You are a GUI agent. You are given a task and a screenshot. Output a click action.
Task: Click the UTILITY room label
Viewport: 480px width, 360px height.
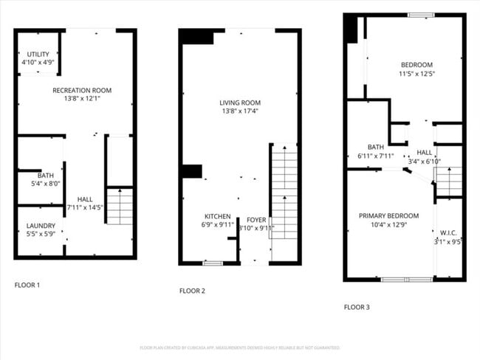(38, 55)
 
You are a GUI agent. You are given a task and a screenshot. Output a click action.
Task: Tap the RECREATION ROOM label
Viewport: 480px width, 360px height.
(82, 91)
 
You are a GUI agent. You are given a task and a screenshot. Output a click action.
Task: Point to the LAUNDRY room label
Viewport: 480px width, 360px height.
(41, 226)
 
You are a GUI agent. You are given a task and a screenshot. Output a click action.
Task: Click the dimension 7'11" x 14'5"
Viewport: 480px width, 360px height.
(85, 207)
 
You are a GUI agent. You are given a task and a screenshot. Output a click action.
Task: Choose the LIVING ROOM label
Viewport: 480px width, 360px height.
(240, 103)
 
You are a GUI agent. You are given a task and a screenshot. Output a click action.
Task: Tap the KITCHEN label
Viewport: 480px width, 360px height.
(217, 217)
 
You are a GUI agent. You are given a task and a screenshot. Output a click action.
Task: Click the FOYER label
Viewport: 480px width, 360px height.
(256, 220)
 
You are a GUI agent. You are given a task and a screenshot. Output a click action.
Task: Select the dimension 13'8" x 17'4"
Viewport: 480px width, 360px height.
(240, 111)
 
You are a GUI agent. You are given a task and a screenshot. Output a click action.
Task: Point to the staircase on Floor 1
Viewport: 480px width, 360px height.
(120, 206)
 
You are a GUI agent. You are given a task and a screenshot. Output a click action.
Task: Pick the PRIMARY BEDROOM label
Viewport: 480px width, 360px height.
(388, 215)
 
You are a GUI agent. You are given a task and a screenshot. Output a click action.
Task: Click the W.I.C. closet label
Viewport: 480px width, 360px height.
(448, 232)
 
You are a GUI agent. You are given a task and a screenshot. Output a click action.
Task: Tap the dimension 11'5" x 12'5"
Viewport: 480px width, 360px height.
(416, 74)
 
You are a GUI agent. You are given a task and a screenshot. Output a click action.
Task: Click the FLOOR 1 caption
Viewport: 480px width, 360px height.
(27, 285)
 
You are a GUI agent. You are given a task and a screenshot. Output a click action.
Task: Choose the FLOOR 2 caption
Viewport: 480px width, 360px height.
(192, 291)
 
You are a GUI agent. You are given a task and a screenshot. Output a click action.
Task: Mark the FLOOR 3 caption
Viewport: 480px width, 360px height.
(357, 307)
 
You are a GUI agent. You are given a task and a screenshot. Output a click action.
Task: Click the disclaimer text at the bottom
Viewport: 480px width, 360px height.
(240, 347)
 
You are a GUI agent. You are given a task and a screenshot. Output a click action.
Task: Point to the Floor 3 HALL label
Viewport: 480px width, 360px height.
(424, 152)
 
